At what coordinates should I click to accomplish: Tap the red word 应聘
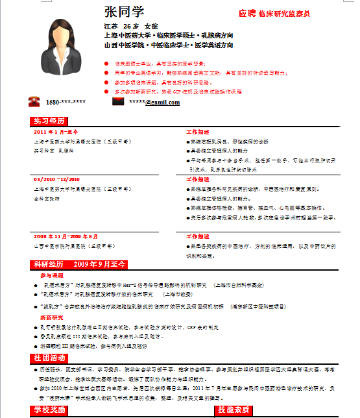tap(246, 13)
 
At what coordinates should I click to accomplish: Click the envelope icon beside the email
tap(118, 102)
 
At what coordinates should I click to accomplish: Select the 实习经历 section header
tap(50, 121)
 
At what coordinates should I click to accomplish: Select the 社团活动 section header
tap(49, 358)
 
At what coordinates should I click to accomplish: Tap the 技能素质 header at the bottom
tap(234, 410)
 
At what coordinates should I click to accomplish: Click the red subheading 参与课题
tap(51, 275)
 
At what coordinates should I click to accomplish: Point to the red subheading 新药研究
tap(51, 318)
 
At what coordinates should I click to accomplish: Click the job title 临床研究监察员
tap(284, 14)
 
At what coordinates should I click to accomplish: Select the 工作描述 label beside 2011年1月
tap(198, 132)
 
